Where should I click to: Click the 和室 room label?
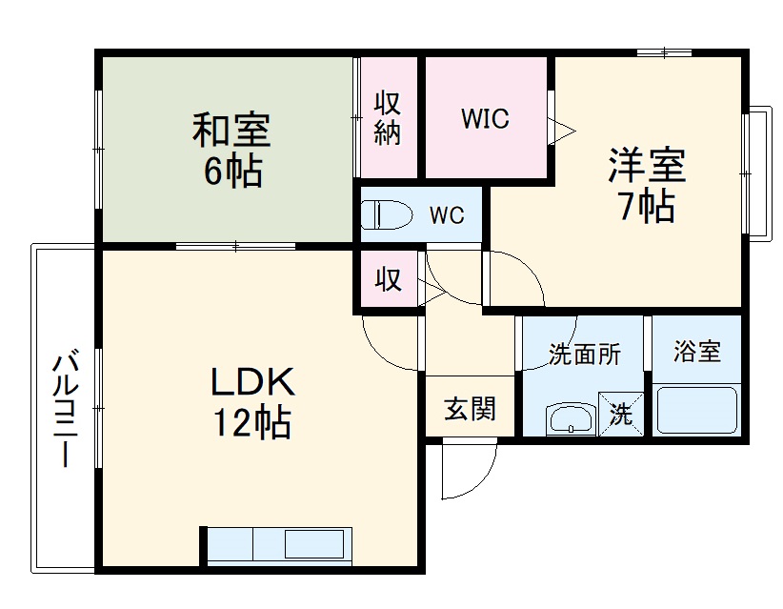click(x=231, y=131)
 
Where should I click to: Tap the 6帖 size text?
click(x=231, y=172)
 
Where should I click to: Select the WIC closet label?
click(x=485, y=119)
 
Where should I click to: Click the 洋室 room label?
click(x=648, y=165)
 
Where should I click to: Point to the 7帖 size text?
click(x=648, y=206)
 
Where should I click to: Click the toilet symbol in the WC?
click(x=386, y=215)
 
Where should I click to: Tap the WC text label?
click(x=446, y=215)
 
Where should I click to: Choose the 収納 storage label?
click(x=386, y=118)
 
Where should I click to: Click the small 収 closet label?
click(x=387, y=281)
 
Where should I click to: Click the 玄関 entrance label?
click(x=470, y=410)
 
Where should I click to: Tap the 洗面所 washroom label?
click(x=584, y=355)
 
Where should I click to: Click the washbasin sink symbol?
click(x=571, y=418)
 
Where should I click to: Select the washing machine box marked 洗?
click(x=621, y=414)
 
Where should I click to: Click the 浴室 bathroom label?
click(x=696, y=352)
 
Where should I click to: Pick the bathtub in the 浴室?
click(x=697, y=411)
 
